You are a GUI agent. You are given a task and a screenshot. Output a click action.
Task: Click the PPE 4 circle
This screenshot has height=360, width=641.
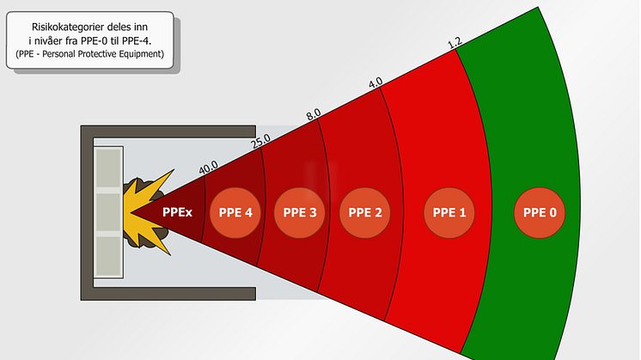point(236,212)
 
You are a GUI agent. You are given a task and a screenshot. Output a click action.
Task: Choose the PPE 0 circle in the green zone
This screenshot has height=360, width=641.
point(540,212)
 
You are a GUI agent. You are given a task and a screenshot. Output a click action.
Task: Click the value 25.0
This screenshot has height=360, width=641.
point(260,140)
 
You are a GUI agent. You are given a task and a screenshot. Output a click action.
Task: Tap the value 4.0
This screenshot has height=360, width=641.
point(375,84)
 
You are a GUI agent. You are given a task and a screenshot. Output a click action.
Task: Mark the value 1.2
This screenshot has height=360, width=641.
point(455,41)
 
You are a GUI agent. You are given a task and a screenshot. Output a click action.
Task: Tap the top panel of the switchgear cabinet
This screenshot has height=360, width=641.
point(109,168)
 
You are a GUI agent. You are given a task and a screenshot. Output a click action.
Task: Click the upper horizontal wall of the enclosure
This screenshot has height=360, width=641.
point(168,131)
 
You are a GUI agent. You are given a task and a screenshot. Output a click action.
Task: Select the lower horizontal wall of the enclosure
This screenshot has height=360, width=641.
point(168,294)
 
